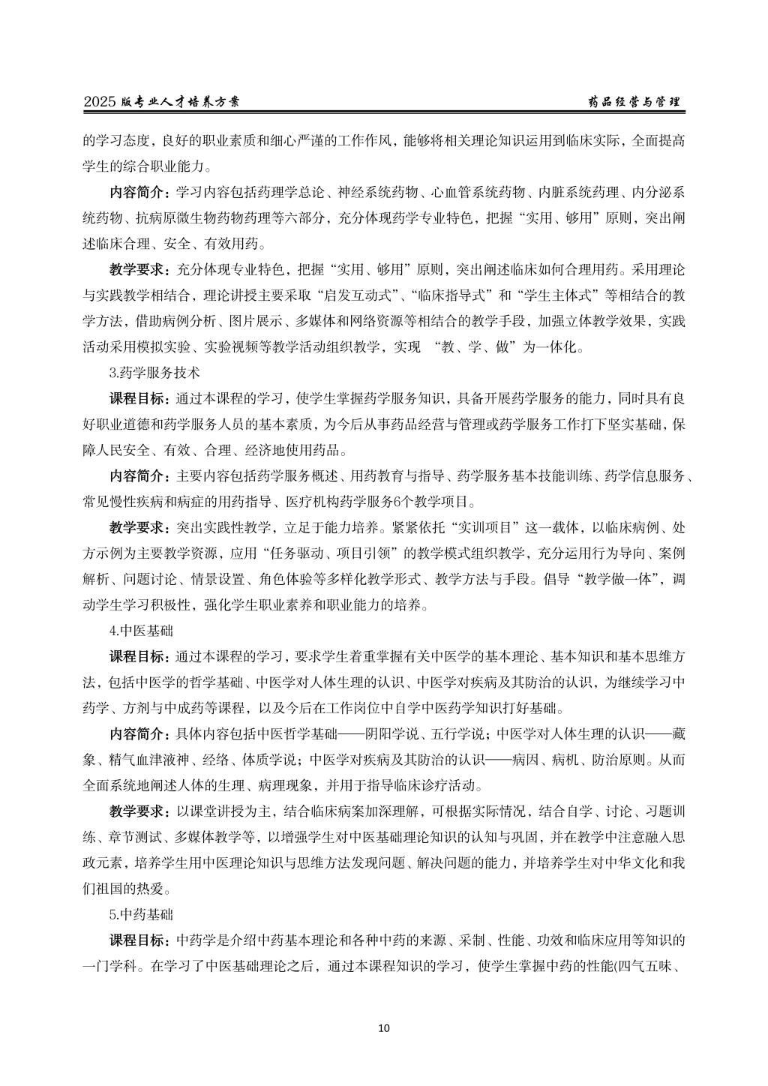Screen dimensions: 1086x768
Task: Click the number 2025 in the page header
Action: (99, 102)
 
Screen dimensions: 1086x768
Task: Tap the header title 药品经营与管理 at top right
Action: (634, 102)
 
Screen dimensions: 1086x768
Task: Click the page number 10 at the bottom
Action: (384, 1027)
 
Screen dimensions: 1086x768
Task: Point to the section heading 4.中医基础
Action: (141, 630)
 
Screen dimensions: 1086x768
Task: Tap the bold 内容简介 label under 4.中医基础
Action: (139, 733)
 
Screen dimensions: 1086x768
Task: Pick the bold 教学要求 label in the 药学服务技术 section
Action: (139, 527)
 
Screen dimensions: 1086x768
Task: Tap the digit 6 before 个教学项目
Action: (418, 501)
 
